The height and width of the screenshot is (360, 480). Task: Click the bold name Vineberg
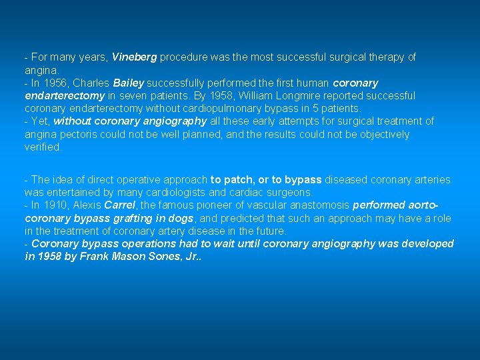pyautogui.click(x=134, y=57)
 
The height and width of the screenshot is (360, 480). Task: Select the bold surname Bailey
pyautogui.click(x=129, y=83)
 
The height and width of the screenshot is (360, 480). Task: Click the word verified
pyautogui.click(x=43, y=147)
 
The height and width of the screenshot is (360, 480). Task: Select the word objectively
pyautogui.click(x=379, y=135)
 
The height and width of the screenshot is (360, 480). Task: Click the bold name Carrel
pyautogui.click(x=120, y=205)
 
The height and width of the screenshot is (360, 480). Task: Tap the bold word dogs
pyautogui.click(x=181, y=218)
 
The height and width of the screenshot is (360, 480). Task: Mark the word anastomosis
pyautogui.click(x=317, y=205)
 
